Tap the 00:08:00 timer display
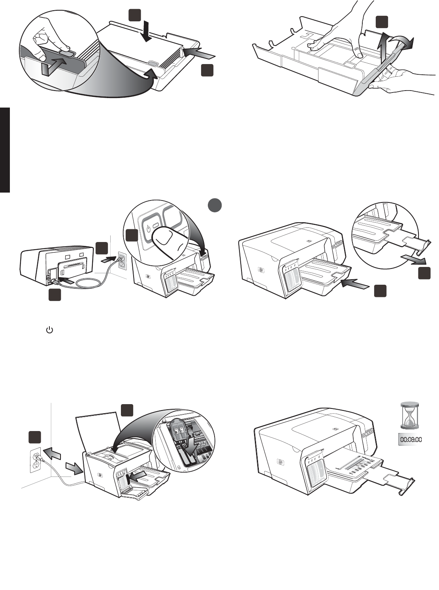click(409, 439)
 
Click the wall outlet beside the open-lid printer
click(36, 460)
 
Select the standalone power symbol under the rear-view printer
click(50, 329)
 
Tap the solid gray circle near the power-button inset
click(215, 206)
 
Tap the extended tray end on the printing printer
click(407, 484)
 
